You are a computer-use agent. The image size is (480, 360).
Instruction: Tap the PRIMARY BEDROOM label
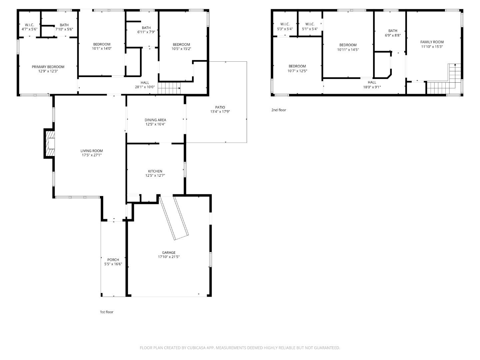[x=48, y=67]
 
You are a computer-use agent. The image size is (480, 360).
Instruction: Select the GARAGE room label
[x=169, y=253]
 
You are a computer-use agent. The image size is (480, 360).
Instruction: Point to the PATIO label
[x=220, y=107]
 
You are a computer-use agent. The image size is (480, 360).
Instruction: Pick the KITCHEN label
[x=155, y=171]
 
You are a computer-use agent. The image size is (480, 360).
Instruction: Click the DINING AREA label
[x=155, y=120]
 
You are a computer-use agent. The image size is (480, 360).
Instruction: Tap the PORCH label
[x=113, y=260]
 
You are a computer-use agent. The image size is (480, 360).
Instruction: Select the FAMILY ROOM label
[x=432, y=42]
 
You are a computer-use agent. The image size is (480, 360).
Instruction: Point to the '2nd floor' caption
[x=279, y=110]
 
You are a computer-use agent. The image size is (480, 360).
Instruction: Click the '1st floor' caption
[x=107, y=312]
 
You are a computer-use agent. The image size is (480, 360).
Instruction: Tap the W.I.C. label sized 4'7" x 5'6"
[x=29, y=25]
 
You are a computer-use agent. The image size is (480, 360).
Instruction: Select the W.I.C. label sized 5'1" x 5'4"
[x=310, y=24]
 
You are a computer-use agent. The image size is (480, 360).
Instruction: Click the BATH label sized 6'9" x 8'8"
[x=393, y=31]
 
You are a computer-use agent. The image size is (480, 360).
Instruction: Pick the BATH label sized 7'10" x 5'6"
[x=64, y=25]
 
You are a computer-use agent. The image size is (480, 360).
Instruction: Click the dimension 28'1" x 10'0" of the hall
[x=145, y=87]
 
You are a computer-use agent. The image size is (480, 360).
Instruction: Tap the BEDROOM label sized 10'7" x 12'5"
[x=297, y=66]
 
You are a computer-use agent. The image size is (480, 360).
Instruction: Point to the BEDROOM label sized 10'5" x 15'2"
[x=181, y=45]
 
